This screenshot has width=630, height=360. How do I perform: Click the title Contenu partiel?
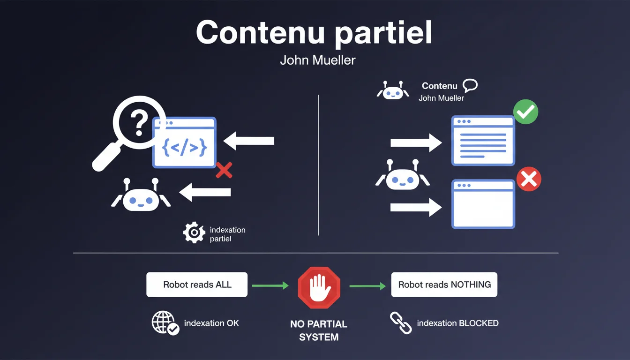pos(314,33)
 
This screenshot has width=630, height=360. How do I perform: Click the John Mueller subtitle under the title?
pos(317,60)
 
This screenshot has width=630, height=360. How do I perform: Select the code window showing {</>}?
pos(184,142)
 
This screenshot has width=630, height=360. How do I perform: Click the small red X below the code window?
pos(224,170)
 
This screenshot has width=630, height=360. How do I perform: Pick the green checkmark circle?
pos(526,111)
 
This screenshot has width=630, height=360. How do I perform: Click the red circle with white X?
pos(529,180)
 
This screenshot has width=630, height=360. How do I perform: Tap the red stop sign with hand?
pos(319,287)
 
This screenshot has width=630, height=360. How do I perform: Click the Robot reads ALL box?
pos(197,285)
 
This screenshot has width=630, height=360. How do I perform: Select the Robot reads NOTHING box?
pos(444,285)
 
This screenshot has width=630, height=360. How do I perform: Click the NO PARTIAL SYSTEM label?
pos(319,330)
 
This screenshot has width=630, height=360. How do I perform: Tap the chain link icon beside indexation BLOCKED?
pos(401,323)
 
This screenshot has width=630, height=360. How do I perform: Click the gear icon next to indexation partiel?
pos(194,233)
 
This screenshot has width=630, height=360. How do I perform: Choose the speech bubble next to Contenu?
pos(470,85)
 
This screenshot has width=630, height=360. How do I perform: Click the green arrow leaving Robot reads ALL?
pos(270,285)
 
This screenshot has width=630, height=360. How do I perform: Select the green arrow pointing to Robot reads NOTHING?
pos(367,285)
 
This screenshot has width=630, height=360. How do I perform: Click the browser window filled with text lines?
pos(483,141)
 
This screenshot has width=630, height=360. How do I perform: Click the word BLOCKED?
pos(479,323)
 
